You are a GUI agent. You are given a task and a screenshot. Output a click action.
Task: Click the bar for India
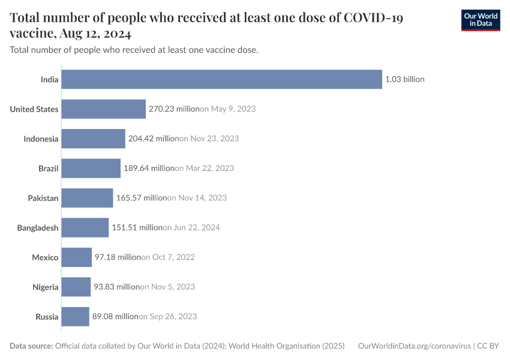pyautogui.click(x=221, y=79)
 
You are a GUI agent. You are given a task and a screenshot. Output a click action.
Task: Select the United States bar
pyautogui.click(x=103, y=109)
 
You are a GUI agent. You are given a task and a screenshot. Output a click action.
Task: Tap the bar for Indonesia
pyautogui.click(x=93, y=139)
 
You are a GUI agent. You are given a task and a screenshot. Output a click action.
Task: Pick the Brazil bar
pyautogui.click(x=91, y=168)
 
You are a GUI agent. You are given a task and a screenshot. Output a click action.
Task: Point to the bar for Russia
pyautogui.click(x=75, y=316)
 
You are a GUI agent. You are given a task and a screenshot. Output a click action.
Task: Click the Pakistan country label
pyautogui.click(x=43, y=198)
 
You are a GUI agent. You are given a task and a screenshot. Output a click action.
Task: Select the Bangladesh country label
pyautogui.click(x=38, y=227)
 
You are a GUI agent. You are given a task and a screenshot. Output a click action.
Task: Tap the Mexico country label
pyautogui.click(x=45, y=257)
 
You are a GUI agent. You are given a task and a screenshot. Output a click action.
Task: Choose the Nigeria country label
pyautogui.click(x=45, y=287)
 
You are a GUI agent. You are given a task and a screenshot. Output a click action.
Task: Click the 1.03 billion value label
pyautogui.click(x=405, y=79)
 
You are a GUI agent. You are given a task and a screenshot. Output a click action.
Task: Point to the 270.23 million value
pyautogui.click(x=174, y=109)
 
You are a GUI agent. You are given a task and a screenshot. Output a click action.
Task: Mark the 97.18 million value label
pyautogui.click(x=118, y=257)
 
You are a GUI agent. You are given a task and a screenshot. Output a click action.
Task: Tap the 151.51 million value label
pyautogui.click(x=137, y=227)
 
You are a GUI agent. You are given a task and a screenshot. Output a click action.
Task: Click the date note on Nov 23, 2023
pyautogui.click(x=209, y=139)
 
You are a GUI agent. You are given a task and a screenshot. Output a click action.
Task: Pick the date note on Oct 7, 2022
pyautogui.click(x=168, y=257)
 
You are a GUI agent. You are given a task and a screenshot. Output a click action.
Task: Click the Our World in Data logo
pyautogui.click(x=480, y=20)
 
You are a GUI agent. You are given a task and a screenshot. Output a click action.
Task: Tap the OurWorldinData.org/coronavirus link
pyautogui.click(x=414, y=346)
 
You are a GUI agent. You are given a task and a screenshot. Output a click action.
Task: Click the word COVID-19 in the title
pyautogui.click(x=372, y=18)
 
